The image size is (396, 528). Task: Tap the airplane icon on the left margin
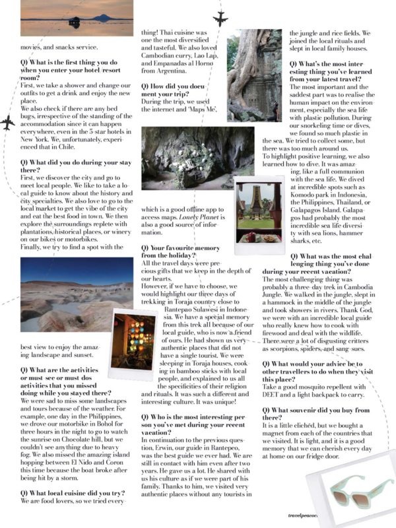[7, 123]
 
